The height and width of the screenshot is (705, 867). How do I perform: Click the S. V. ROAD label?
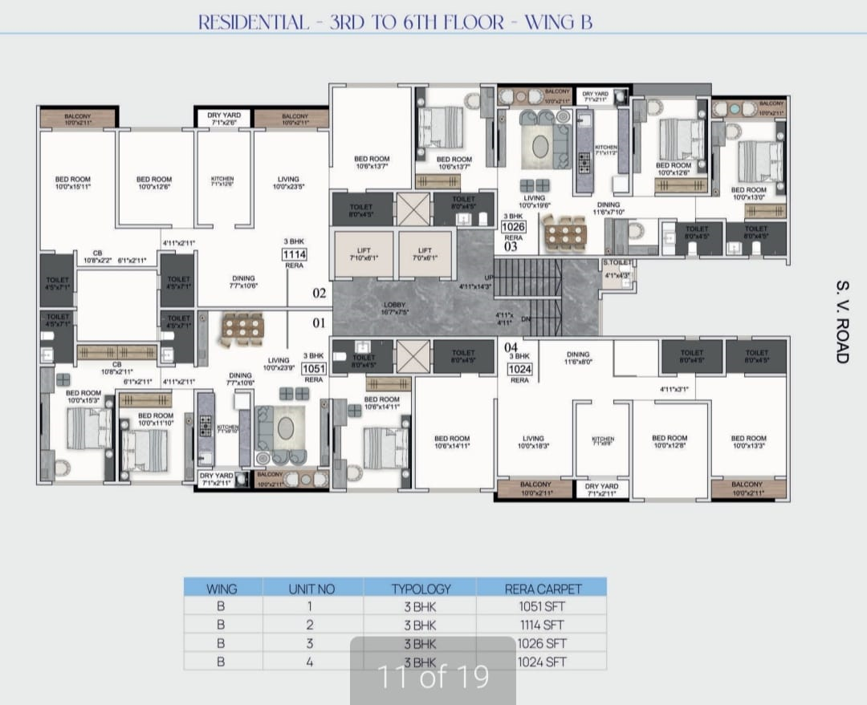[x=841, y=321]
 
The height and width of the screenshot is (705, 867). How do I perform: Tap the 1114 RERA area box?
[x=295, y=256]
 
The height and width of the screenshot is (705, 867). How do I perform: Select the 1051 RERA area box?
[x=313, y=368]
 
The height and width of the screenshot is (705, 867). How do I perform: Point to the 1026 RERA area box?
[x=513, y=227]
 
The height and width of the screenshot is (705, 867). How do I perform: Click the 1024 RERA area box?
[x=519, y=369]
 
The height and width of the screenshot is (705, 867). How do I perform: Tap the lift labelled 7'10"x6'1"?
[x=363, y=254]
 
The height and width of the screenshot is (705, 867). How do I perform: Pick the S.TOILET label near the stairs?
[x=618, y=262]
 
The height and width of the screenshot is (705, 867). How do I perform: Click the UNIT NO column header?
[x=311, y=588]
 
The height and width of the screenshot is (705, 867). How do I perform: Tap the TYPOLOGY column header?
[x=420, y=588]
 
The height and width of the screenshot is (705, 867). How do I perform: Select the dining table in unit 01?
[x=242, y=328]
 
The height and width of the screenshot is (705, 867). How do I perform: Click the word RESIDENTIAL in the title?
[x=253, y=22]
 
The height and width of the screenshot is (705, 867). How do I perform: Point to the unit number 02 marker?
[x=319, y=294]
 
